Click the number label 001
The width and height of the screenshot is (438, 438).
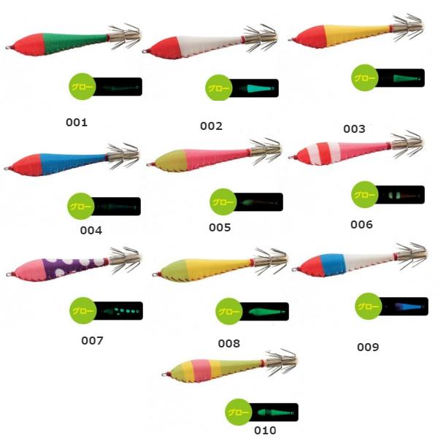[77, 123]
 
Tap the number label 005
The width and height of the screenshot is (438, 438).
[220, 227]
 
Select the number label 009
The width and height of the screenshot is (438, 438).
[368, 347]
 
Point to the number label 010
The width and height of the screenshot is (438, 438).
[265, 430]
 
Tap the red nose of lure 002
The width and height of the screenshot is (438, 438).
[166, 48]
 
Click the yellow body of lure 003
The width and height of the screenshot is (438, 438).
[355, 34]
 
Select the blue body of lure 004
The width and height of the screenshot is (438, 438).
[72, 164]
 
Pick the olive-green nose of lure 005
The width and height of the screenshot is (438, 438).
[170, 161]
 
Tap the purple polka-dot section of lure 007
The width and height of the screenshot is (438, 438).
[74, 268]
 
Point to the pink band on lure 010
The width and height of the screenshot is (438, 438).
[201, 370]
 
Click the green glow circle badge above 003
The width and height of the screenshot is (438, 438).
[364, 77]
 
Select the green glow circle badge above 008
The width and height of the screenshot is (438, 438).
[229, 311]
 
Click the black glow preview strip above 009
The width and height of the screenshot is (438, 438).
[404, 307]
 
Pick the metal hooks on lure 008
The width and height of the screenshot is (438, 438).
[270, 261]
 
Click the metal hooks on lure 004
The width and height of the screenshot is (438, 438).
[123, 156]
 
